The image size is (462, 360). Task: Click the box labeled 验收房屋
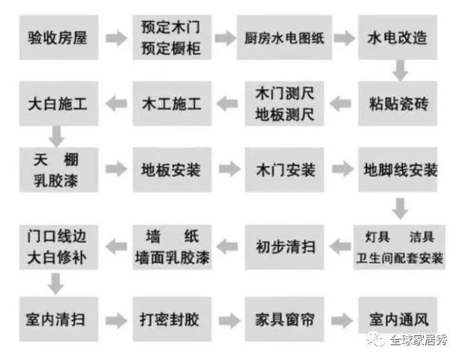[59, 37]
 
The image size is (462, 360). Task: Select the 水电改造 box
[397, 37]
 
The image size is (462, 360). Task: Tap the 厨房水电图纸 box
[284, 37]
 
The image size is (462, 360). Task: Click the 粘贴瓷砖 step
[397, 103]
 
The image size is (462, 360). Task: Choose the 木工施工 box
[172, 103]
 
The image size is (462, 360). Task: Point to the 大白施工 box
[59, 103]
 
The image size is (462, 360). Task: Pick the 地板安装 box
[172, 169]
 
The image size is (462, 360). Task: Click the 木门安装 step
[285, 169]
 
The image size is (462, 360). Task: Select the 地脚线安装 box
[397, 169]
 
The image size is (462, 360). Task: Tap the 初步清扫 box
[285, 247]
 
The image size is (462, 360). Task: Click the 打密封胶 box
[172, 319]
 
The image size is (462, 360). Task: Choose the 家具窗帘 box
[285, 319]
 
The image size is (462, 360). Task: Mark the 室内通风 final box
[397, 316]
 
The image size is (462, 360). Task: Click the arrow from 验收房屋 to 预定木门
[116, 38]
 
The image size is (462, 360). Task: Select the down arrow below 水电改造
[400, 70]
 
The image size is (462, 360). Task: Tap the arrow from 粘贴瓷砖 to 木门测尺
[340, 103]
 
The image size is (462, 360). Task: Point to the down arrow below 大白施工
[56, 136]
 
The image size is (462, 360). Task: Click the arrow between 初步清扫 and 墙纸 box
[227, 247]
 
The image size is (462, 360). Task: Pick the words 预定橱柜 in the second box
[171, 48]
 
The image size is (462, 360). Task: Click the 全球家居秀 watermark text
[418, 340]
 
